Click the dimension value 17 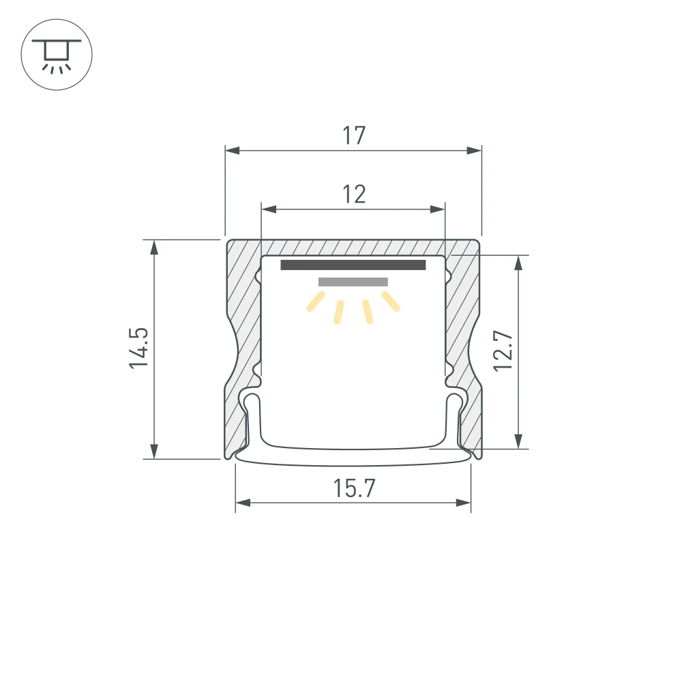click(354, 136)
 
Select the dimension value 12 click(354, 194)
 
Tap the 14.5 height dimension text click(139, 349)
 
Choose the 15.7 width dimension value click(354, 489)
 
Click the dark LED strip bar click(353, 265)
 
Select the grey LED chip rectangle click(353, 282)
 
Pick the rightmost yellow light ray click(391, 301)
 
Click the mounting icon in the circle click(57, 55)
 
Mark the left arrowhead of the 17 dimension click(232, 150)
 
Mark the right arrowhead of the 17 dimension click(475, 150)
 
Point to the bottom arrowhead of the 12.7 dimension click(519, 442)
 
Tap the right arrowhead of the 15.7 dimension click(464, 503)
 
